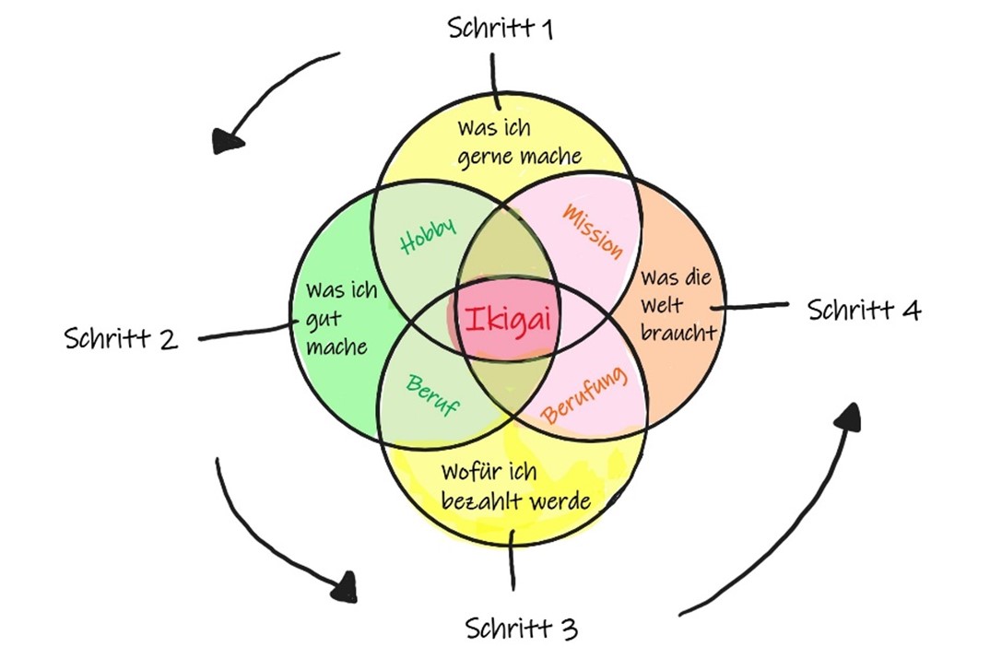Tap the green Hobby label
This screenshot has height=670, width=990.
click(428, 236)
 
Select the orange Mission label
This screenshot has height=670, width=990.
click(591, 229)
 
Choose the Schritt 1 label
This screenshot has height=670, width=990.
click(501, 28)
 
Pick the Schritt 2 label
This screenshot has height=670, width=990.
click(121, 337)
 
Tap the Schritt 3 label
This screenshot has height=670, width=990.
click(521, 629)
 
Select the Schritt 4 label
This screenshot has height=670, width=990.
click(864, 310)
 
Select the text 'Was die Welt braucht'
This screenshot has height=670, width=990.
click(678, 305)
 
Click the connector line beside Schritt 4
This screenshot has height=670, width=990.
click(755, 305)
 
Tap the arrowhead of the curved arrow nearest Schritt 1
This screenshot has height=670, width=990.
click(227, 141)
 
